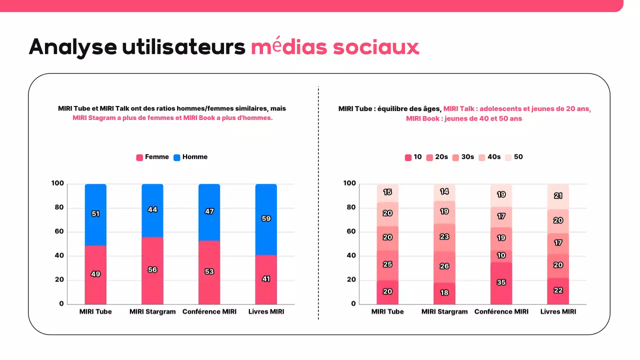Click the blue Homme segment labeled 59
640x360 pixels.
coord(266,219)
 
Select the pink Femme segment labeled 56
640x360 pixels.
coord(152,270)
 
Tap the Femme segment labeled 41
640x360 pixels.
coord(266,279)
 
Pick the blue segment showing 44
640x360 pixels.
coord(152,210)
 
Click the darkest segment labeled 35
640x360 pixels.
coord(501,282)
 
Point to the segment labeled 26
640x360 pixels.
coord(444,266)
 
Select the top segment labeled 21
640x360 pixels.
coord(558,196)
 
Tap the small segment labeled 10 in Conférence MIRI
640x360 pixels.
coord(501,256)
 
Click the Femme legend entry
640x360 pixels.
coord(152,157)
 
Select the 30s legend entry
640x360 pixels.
coord(462,157)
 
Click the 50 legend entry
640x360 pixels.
coord(513,157)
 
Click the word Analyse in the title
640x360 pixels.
coord(72,47)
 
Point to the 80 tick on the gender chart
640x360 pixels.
coord(58,208)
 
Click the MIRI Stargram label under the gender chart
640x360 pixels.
coord(152,311)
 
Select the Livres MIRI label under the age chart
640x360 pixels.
coord(558,311)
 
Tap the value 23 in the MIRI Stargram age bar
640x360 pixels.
coord(444,237)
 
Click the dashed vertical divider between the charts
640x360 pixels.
coord(318,200)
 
